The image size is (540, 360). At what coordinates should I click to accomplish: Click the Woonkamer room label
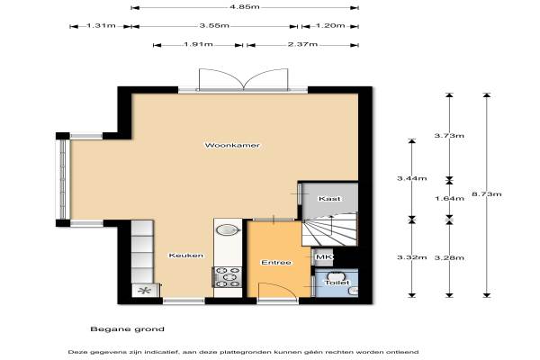pos(232,145)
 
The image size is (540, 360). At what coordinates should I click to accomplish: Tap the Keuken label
pos(186,256)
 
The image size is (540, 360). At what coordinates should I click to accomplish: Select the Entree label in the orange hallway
pos(276,263)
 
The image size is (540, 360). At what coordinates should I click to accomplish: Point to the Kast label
pos(329,198)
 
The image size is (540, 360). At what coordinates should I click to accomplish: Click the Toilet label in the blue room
pos(337,283)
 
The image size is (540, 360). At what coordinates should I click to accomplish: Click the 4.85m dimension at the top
pos(245,7)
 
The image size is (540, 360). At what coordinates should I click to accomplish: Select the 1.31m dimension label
pos(101,25)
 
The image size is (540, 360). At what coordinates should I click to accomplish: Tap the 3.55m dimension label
pos(214,25)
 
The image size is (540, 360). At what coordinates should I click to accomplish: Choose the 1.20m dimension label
pos(330,25)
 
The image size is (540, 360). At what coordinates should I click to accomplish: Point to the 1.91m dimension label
pos(198,44)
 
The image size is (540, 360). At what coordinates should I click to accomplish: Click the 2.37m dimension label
pos(302,44)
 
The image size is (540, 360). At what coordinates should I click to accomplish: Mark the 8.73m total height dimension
pos(487,194)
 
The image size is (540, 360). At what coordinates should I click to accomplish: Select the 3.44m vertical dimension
pos(412,178)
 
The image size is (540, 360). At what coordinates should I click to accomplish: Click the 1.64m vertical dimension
pos(449,198)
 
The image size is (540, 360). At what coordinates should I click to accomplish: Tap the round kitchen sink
pos(228,229)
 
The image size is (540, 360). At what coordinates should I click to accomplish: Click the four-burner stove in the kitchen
pos(228,277)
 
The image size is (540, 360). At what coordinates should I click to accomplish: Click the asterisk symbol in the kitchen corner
pos(144,291)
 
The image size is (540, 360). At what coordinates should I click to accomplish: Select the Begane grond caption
pos(128,329)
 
